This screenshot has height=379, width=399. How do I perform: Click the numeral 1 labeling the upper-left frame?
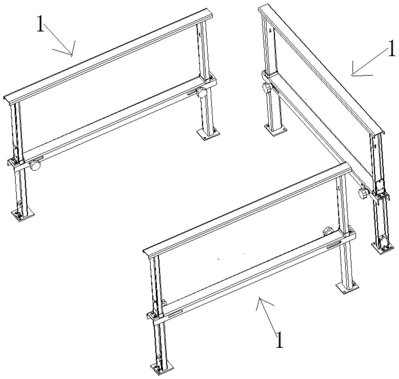[40, 24]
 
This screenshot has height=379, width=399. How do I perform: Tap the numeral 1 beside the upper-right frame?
[391, 48]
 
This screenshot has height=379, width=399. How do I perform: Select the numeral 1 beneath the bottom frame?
[279, 340]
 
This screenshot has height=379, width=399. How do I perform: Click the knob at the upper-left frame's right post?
[201, 92]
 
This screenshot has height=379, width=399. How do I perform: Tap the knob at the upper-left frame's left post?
[35, 165]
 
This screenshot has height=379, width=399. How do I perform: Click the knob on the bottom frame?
[327, 231]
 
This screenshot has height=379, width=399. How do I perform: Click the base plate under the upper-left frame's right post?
[208, 134]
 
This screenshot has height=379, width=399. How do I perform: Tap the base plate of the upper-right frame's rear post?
[276, 130]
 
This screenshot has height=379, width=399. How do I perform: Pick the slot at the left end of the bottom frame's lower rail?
[176, 313]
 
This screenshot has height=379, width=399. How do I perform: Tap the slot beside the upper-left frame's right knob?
[192, 93]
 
